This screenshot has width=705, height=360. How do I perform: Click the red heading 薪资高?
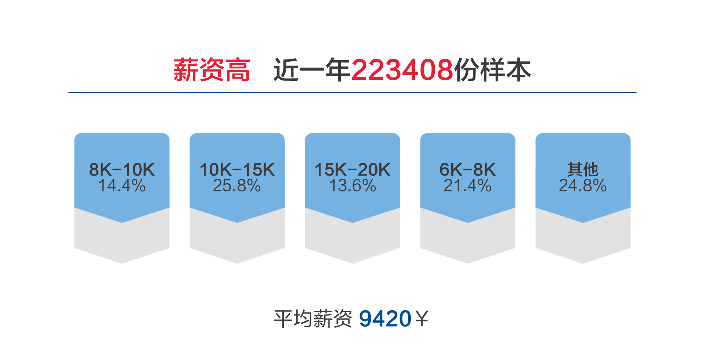coord(212,70)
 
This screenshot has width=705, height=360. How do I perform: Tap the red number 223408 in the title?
coord(402,70)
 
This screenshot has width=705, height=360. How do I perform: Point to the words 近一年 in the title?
coord(312,70)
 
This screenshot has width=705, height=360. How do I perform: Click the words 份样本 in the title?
coord(492,70)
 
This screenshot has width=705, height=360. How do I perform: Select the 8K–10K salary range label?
coord(122,170)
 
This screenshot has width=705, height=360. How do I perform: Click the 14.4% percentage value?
coord(122,186)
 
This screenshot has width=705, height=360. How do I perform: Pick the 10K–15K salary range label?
coord(237,170)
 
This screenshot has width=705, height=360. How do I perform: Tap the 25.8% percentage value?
coord(237,186)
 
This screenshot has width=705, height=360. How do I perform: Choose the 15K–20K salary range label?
coord(352,170)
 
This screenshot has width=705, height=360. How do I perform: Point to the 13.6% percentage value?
coord(352,186)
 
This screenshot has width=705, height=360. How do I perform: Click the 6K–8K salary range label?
coord(468,170)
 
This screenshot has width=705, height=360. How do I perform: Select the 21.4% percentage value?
coord(468,186)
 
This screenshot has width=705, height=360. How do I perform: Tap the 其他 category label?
coord(583,170)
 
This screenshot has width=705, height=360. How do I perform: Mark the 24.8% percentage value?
coord(583,186)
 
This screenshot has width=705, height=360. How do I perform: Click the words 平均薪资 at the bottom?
coord(313,318)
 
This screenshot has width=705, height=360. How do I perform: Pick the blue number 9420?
coord(385,318)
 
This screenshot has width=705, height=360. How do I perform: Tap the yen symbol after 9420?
coord(422,318)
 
